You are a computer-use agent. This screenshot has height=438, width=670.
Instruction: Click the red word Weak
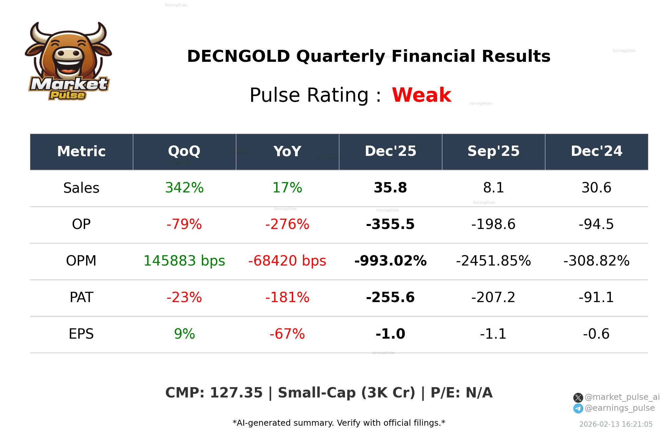point(421,95)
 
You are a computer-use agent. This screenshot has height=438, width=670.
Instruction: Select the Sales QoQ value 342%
point(184,188)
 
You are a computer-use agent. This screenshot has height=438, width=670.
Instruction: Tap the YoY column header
point(287,152)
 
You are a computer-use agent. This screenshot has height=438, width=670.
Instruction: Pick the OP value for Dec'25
point(390,224)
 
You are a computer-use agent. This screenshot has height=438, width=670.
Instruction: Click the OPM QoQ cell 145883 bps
point(184,261)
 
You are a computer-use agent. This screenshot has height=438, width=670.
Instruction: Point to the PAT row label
point(81,297)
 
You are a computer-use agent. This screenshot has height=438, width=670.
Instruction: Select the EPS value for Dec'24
point(596,334)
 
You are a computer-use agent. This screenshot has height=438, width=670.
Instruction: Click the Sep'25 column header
point(493,152)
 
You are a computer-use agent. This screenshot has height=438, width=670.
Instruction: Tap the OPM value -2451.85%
point(493,261)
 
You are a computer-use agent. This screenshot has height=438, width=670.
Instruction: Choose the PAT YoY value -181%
point(287,297)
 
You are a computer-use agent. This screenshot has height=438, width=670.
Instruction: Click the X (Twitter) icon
point(578,397)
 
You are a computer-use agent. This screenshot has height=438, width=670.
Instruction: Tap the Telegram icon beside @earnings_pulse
point(578,408)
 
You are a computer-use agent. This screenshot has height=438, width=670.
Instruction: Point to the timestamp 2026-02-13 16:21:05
point(615,424)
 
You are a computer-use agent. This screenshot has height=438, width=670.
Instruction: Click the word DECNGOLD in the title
point(238,56)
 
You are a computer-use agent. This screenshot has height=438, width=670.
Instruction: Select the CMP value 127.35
point(236,393)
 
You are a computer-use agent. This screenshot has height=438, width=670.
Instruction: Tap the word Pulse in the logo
point(67,95)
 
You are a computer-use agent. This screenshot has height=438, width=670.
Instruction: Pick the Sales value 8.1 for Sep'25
point(493,188)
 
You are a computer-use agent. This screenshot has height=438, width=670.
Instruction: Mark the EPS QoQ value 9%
point(184,334)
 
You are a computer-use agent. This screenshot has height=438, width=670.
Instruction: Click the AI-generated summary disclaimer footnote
point(339,423)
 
